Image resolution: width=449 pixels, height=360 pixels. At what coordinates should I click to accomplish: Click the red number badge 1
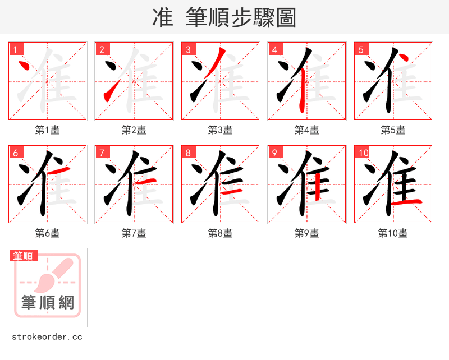[x=16, y=49]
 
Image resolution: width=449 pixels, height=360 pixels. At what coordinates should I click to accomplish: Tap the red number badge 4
[x=275, y=49]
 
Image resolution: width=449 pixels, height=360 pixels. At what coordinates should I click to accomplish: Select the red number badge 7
[x=102, y=153]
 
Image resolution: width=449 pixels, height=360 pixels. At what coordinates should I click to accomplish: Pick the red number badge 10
[x=364, y=153]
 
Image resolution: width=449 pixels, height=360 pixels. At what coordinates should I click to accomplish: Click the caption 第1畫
[x=48, y=130]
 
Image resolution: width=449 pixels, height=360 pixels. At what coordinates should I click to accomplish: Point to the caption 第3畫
[x=221, y=130]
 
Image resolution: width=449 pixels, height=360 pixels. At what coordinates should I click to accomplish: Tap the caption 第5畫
[x=393, y=130]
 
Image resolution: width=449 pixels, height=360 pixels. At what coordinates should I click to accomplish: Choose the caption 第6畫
[x=48, y=233]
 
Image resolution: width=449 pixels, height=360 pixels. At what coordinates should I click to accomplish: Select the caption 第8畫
[x=221, y=233]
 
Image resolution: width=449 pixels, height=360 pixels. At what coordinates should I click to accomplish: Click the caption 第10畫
[x=393, y=233]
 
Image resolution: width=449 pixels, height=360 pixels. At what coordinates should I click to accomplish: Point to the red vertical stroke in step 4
[x=302, y=93]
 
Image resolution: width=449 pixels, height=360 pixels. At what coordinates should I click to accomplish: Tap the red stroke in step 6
[x=62, y=170]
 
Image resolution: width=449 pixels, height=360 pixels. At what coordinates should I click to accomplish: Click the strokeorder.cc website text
[x=47, y=337]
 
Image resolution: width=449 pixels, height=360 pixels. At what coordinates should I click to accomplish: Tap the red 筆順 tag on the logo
[x=24, y=256]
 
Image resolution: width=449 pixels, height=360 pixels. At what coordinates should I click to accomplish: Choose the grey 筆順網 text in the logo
[x=48, y=302]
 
